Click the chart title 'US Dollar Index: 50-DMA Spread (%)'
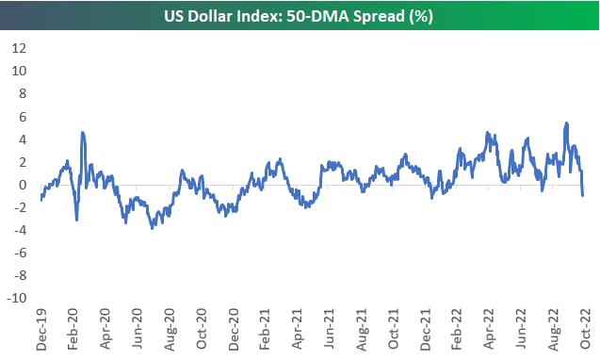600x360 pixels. click(x=299, y=16)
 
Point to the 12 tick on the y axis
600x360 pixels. click(x=19, y=48)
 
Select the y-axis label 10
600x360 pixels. click(x=19, y=71)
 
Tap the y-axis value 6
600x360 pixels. click(x=23, y=117)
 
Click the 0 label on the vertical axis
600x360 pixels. click(x=23, y=185)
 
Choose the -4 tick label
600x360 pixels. click(x=21, y=230)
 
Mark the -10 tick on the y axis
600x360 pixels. click(x=17, y=298)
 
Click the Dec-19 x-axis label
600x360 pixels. click(x=41, y=329)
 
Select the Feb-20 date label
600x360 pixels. click(x=73, y=329)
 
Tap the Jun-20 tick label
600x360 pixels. click(x=137, y=329)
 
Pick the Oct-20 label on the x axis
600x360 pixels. click(x=202, y=329)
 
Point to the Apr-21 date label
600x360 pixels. click(x=298, y=329)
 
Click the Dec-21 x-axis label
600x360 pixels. click(x=426, y=329)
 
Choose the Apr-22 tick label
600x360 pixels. click(x=490, y=329)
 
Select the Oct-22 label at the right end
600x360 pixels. click(x=586, y=329)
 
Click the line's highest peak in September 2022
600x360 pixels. click(x=566, y=123)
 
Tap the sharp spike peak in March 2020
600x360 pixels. click(x=83, y=133)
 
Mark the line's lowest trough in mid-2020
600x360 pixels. click(x=153, y=228)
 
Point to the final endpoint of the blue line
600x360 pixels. click(x=582, y=195)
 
